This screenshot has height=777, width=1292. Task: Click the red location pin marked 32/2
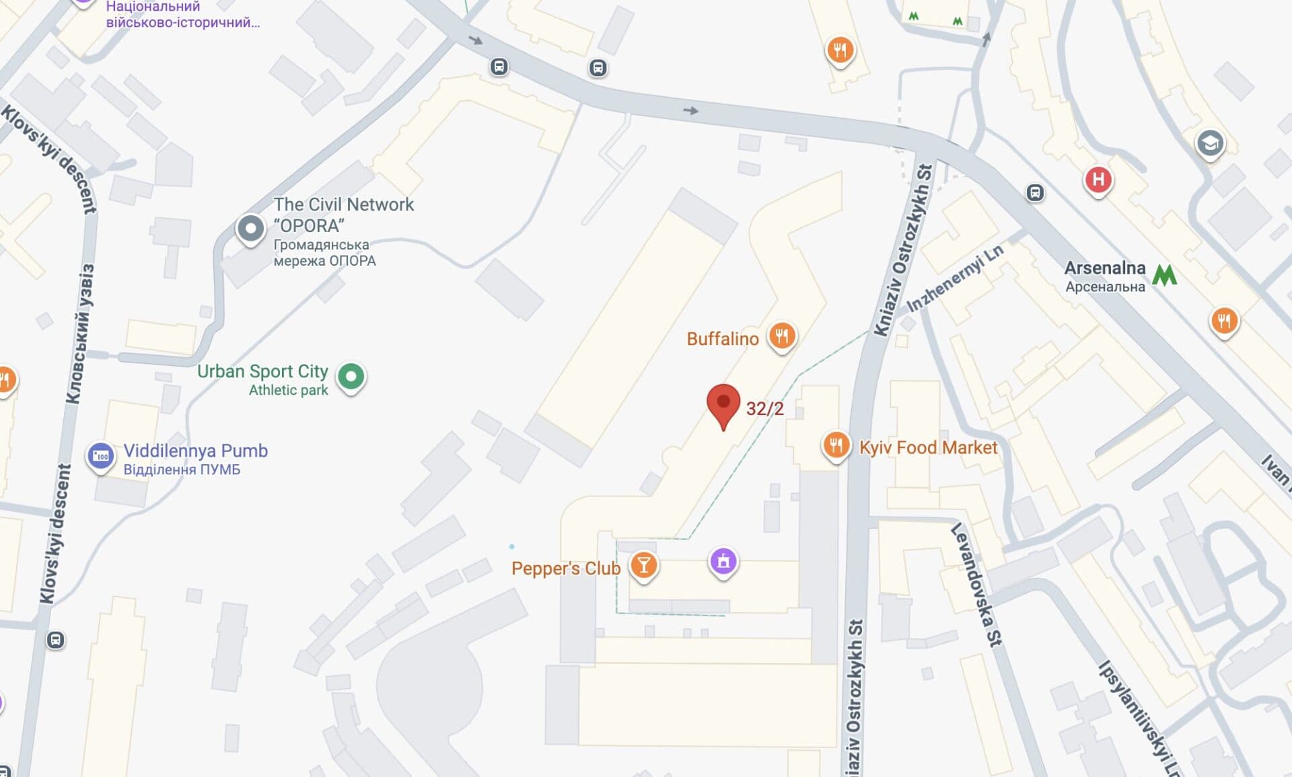(723, 404)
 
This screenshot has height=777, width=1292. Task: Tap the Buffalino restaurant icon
(781, 335)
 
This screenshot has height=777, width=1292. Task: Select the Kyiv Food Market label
(928, 447)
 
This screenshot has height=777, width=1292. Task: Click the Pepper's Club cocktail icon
(643, 566)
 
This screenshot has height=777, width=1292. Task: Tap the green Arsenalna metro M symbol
(1164, 274)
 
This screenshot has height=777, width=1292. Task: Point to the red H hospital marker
(1098, 180)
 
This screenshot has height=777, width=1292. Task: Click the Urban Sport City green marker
(351, 376)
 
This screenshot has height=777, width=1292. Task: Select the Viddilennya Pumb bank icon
(100, 456)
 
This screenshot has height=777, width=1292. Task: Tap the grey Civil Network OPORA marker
(250, 229)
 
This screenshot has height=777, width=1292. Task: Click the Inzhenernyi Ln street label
(955, 278)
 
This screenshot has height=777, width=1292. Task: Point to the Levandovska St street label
(976, 584)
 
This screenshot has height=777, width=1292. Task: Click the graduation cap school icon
(1209, 143)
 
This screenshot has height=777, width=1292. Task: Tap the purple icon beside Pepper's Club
(723, 560)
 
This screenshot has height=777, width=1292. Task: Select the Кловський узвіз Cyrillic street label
(80, 334)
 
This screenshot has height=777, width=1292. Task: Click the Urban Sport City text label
(262, 371)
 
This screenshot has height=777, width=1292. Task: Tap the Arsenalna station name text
(1104, 268)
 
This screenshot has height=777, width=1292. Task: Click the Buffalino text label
(722, 338)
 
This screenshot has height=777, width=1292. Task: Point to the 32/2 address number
(764, 408)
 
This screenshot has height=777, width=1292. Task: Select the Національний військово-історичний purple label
(182, 14)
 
